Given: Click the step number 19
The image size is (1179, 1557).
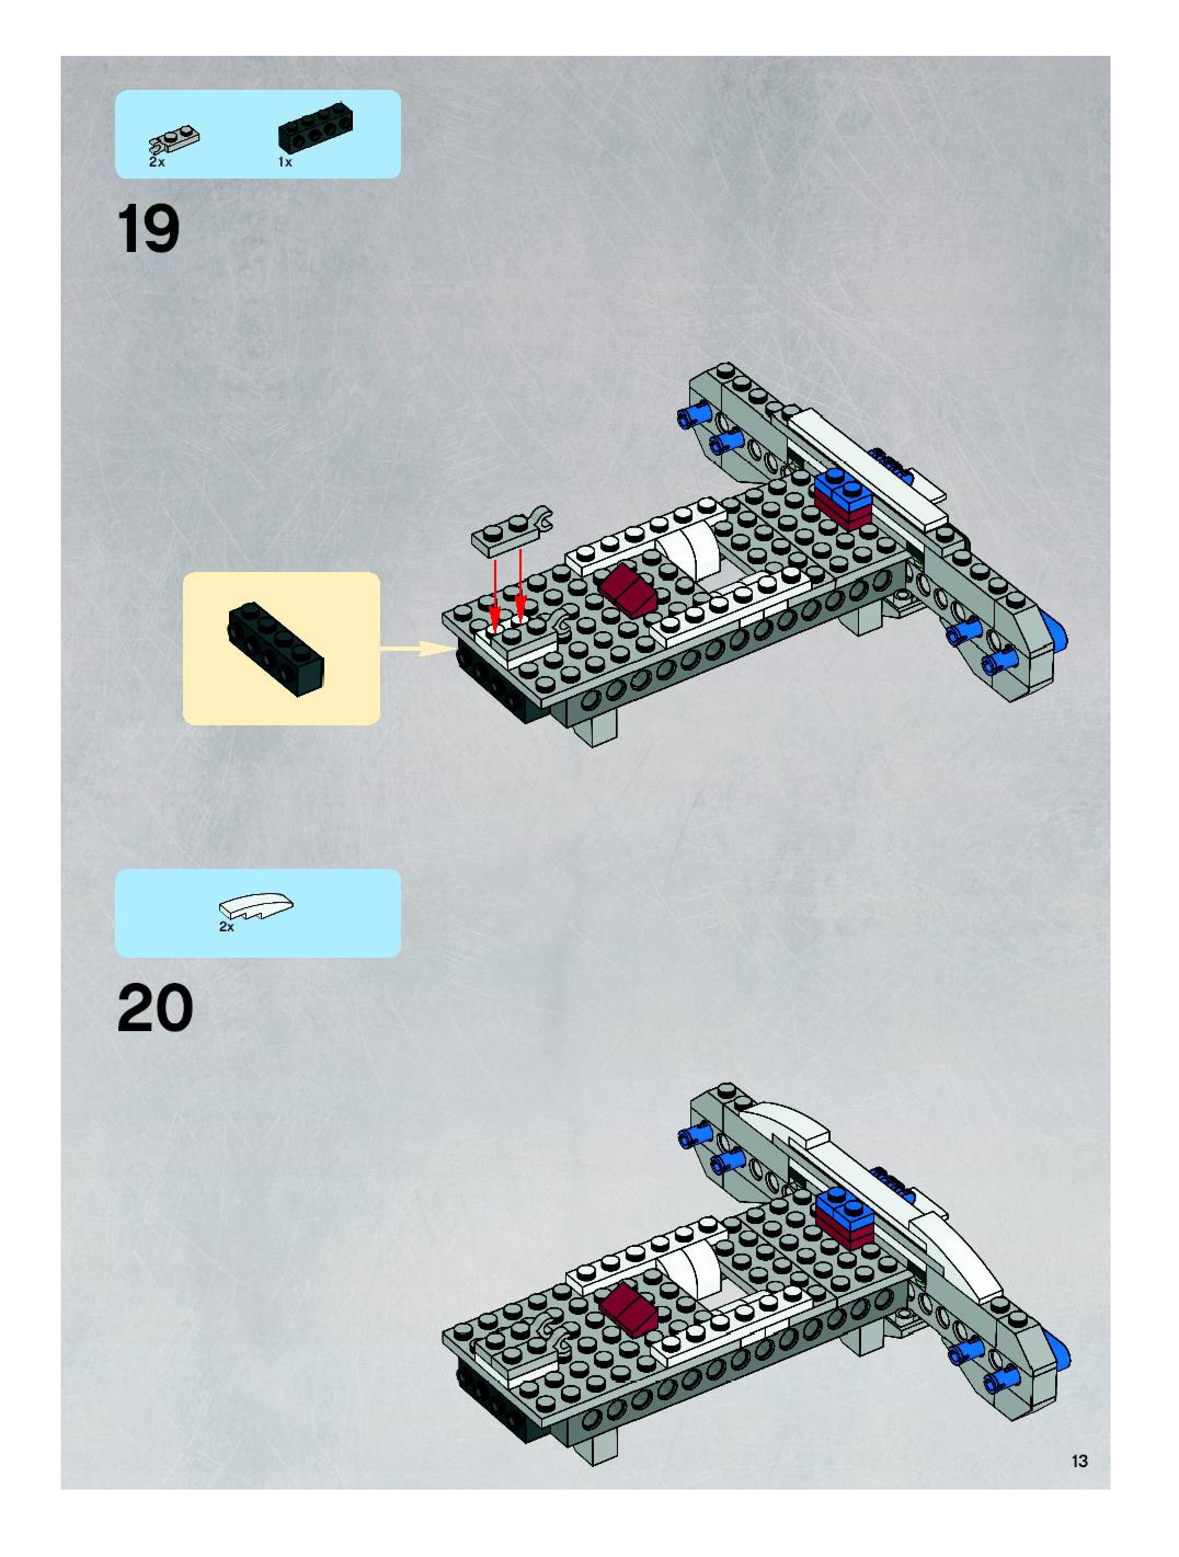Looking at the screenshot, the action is (148, 229).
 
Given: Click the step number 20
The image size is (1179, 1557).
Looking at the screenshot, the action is (155, 1009).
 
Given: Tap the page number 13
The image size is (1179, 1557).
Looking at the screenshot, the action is (1079, 1461).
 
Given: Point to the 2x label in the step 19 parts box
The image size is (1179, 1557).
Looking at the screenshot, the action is (156, 162).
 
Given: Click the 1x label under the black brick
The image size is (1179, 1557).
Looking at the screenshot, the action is (284, 162).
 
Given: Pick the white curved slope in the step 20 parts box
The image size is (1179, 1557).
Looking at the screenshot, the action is (256, 907).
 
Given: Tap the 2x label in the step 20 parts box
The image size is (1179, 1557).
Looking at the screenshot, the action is (226, 927).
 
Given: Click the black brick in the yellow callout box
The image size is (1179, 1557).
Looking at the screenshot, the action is (275, 649).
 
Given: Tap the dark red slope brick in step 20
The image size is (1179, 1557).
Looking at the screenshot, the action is (628, 1308).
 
